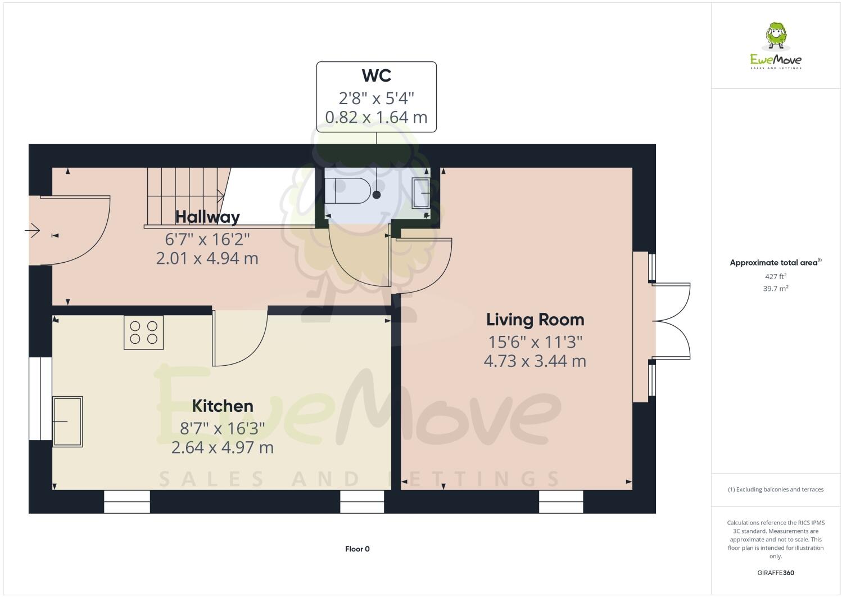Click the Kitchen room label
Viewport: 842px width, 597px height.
click(223, 406)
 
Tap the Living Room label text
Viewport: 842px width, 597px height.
click(535, 320)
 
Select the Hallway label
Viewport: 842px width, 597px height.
click(207, 217)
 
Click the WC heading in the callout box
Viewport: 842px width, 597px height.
click(376, 75)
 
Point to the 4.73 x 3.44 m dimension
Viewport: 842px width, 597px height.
click(535, 361)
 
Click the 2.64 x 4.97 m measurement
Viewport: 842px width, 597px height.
click(223, 447)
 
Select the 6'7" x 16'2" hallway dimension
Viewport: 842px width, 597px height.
click(207, 239)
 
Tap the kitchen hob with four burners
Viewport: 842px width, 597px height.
click(144, 332)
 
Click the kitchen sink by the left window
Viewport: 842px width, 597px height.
click(67, 421)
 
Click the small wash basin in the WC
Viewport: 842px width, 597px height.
click(421, 192)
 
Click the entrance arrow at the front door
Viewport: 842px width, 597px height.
click(33, 230)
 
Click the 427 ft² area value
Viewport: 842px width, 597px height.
click(776, 276)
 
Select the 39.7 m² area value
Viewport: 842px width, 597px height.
click(776, 288)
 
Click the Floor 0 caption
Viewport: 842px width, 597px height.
click(357, 549)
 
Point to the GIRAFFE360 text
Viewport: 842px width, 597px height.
click(776, 573)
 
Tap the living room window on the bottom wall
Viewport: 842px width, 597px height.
click(561, 501)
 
